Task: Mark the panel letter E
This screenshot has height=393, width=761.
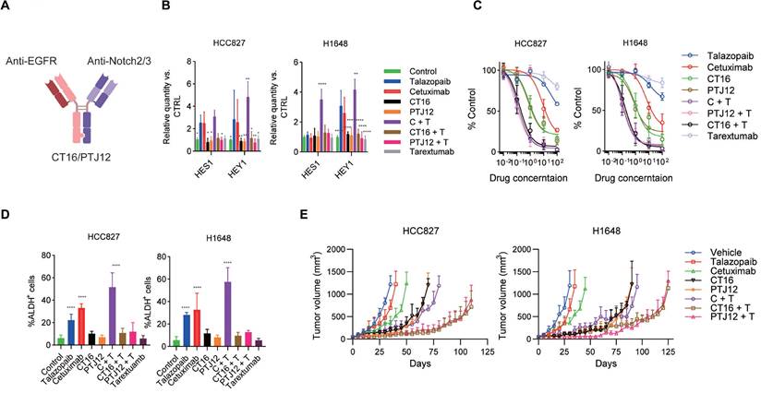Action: point(295,212)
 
